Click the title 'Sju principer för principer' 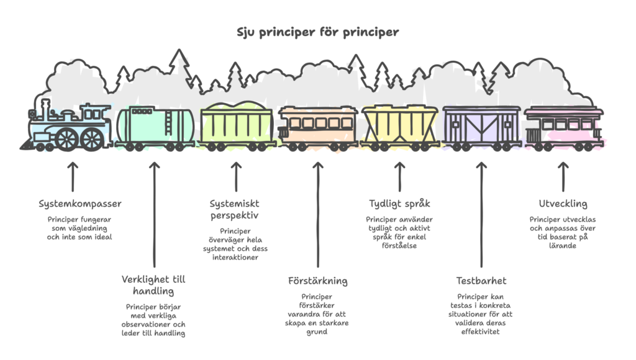coord(317,31)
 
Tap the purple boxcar coord(481,126)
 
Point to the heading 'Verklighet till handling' coord(153,285)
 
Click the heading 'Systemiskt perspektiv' coord(235,209)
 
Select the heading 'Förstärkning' coord(317,281)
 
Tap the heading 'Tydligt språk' coord(399,204)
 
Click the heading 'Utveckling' coord(563,204)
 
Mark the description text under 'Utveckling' coord(563,232)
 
